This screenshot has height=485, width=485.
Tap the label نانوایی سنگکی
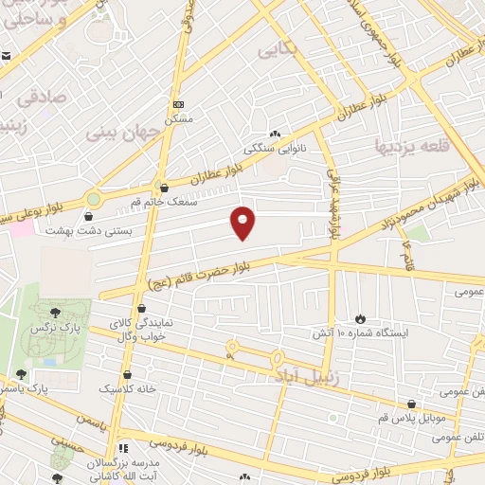click(275, 148)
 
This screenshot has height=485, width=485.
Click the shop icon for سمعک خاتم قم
click(166, 187)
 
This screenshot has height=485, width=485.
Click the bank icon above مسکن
click(178, 104)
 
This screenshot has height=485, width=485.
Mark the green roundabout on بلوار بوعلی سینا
click(93, 199)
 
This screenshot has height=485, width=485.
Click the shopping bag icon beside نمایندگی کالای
click(141, 308)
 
